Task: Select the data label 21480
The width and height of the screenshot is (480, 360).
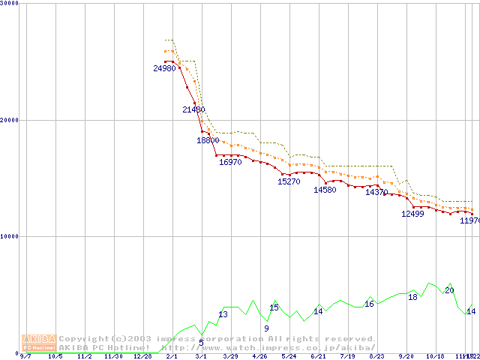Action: pos(193,109)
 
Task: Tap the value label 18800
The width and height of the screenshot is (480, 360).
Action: pos(208,140)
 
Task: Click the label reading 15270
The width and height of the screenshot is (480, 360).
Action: pos(289,181)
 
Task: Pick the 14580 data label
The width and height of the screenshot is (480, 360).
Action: pos(325,190)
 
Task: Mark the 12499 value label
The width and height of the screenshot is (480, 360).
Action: pos(412,214)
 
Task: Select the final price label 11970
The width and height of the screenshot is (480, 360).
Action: pos(470,220)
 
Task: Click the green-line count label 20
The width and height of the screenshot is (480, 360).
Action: pos(449,290)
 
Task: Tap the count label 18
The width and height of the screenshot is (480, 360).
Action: pos(412,297)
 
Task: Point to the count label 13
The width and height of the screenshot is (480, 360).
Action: pos(223,314)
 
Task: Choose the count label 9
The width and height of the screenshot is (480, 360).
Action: pos(266,328)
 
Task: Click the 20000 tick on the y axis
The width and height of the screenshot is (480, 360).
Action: pos(10,120)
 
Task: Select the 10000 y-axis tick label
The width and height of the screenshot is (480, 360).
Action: pos(10,236)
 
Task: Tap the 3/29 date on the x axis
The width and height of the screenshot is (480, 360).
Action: pos(230,356)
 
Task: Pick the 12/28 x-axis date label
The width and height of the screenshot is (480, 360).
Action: pos(142,356)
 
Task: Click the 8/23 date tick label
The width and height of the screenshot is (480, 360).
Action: pos(376,356)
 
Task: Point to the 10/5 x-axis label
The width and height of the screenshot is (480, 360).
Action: pos(55,356)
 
